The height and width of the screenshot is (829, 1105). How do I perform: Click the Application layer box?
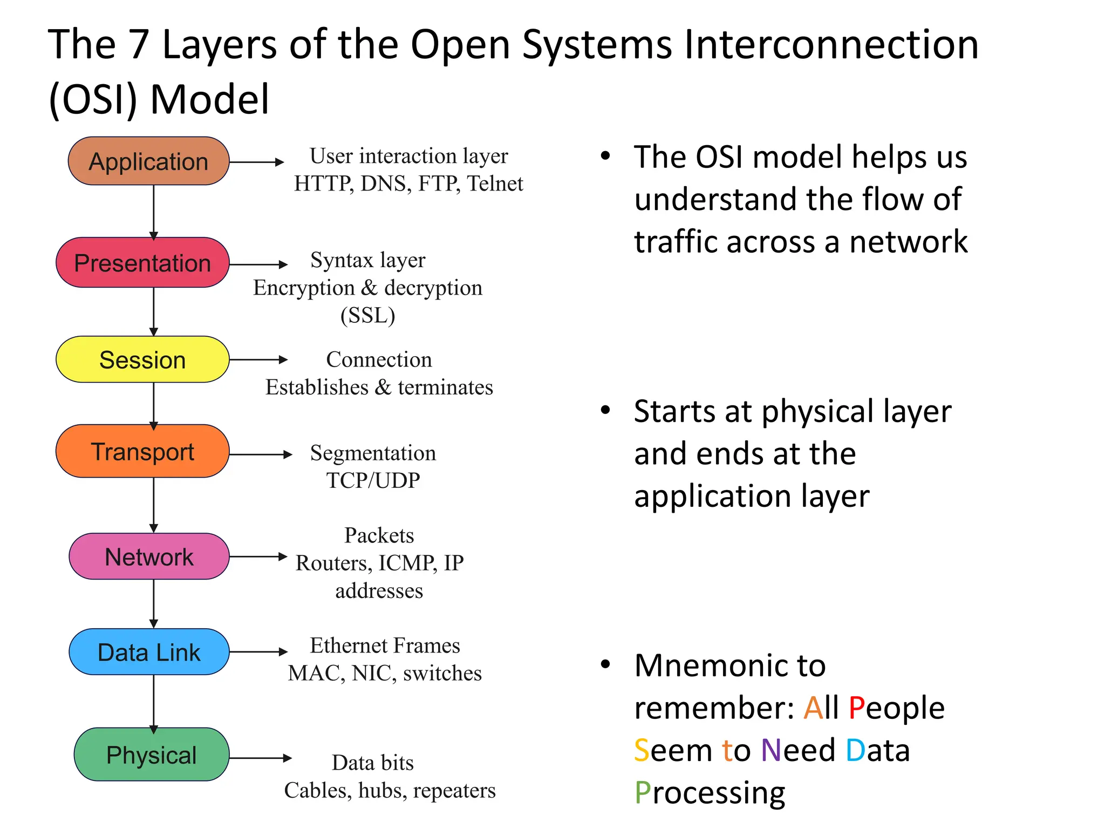pos(148,161)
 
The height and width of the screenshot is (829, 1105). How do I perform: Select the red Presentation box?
pos(142,263)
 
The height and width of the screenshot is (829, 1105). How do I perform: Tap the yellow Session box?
pos(142,359)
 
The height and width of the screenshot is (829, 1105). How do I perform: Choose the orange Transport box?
pos(142,451)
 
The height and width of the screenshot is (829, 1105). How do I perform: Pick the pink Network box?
pos(149,556)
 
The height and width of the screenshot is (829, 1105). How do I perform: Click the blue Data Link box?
pos(149,652)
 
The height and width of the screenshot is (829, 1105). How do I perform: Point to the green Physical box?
pos(151,755)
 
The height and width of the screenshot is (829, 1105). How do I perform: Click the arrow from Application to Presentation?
pos(154,212)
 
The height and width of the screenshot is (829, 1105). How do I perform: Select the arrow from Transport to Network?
pos(154,505)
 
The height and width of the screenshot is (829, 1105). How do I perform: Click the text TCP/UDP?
pos(373,480)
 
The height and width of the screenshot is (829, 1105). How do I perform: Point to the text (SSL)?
pos(367,315)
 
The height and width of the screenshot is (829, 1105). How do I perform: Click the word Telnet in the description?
pos(495,184)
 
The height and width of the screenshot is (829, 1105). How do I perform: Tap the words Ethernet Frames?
pos(385,645)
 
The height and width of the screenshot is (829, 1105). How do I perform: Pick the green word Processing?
pos(710,792)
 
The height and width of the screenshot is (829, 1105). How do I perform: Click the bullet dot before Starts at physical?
pos(605,410)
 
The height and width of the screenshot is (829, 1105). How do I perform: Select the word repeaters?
pos(454,791)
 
